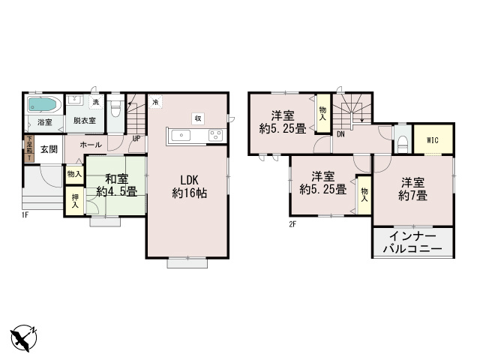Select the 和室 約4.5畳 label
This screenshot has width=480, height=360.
[x=115, y=184]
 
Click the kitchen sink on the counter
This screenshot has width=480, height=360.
[x=182, y=135]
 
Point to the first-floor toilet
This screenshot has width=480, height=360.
[x=115, y=109]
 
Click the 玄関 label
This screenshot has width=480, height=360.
[x=49, y=148]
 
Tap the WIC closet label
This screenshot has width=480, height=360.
[x=433, y=140]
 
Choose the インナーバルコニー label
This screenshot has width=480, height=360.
[x=412, y=242]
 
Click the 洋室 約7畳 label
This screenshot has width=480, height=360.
[x=414, y=189]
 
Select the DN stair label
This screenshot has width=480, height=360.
[x=340, y=135]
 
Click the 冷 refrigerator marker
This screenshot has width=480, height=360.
[x=154, y=102]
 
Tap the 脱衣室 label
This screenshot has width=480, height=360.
[x=84, y=120]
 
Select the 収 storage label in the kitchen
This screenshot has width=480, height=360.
[x=197, y=118]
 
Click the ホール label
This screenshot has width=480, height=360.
[x=88, y=142]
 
